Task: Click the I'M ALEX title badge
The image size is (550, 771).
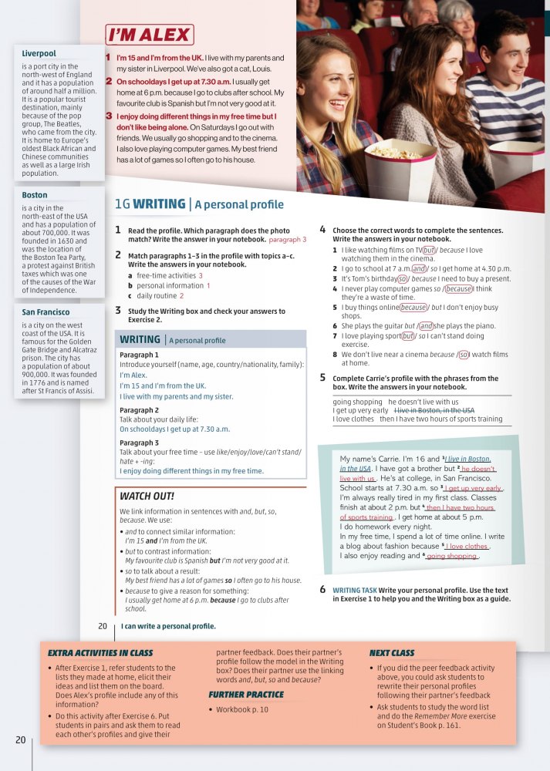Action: (x=149, y=35)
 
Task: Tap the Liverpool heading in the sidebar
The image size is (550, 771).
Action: (x=39, y=54)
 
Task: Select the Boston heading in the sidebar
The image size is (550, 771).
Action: (x=35, y=196)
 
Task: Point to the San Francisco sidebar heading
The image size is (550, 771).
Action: (x=46, y=312)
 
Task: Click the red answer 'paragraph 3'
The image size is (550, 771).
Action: (x=288, y=240)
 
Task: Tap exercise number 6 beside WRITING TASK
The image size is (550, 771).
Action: (x=322, y=590)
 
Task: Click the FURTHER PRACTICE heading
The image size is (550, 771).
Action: (x=246, y=695)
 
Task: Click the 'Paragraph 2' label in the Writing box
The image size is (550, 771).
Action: (x=140, y=410)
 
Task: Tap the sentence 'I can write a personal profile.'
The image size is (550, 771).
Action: (x=168, y=626)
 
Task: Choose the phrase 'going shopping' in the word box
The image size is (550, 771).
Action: (x=357, y=402)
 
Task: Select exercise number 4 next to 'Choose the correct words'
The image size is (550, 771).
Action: (x=322, y=230)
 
